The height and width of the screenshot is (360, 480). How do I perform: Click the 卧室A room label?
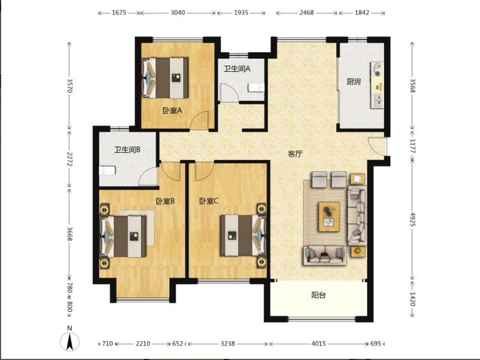(172, 110)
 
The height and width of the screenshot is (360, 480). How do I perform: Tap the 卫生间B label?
(127, 149)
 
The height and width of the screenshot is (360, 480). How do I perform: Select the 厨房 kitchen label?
(353, 82)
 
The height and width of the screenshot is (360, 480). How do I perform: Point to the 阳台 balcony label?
(319, 295)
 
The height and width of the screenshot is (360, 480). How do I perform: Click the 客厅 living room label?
(295, 154)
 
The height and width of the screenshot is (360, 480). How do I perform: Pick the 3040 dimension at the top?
(178, 13)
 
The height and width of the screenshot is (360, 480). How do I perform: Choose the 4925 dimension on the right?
(413, 219)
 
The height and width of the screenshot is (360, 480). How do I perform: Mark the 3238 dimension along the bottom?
(228, 343)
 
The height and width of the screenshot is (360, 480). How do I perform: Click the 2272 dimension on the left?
(70, 159)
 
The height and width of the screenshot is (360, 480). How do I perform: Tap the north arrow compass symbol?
(70, 340)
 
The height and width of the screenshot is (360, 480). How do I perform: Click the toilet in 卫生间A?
(257, 88)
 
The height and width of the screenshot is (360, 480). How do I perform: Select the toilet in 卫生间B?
(107, 170)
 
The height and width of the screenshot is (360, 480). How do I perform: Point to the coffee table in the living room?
(329, 217)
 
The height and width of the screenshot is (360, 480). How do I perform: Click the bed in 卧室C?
(244, 235)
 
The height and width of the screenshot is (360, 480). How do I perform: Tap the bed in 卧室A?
(165, 78)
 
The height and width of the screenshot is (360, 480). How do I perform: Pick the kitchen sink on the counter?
(378, 100)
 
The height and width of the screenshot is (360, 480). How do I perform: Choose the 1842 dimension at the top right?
(362, 13)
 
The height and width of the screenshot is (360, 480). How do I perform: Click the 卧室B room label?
(166, 201)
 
